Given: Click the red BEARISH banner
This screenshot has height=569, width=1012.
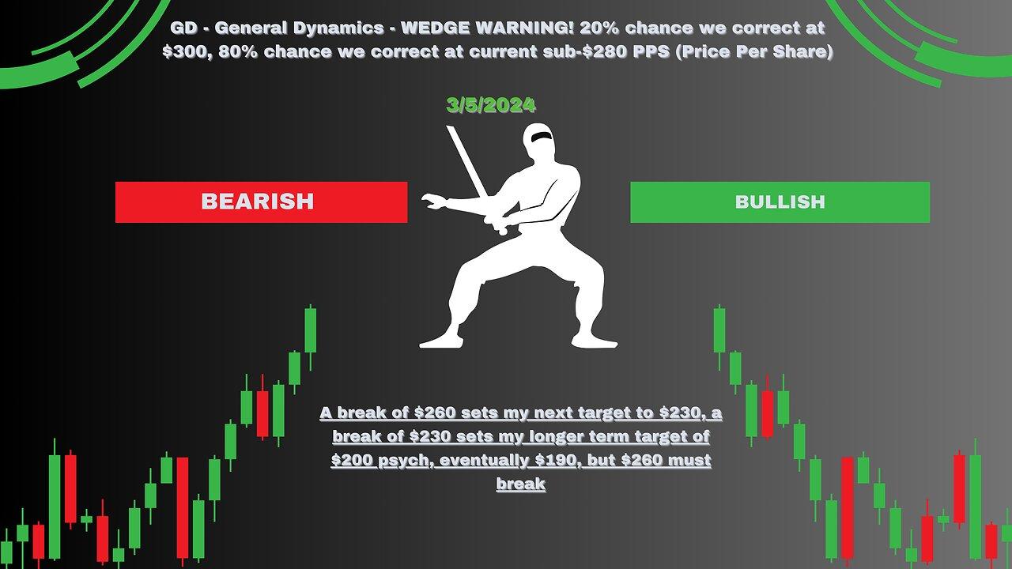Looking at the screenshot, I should [x=261, y=202].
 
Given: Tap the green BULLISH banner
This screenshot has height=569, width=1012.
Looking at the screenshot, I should [x=780, y=202].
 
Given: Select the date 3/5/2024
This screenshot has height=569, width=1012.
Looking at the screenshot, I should [x=491, y=105].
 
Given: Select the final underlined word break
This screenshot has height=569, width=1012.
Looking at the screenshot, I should [x=521, y=484].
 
